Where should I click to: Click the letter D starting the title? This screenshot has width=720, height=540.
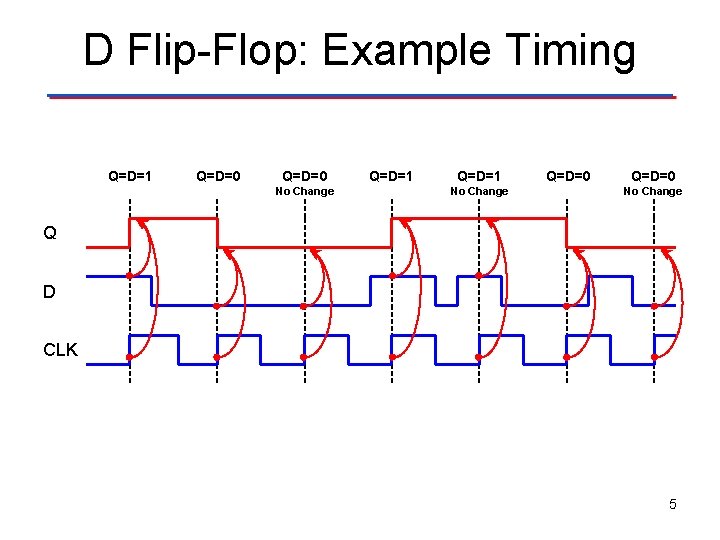click(x=98, y=50)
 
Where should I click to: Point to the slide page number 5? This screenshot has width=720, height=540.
click(x=673, y=504)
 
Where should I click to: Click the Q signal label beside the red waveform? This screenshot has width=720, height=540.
click(x=49, y=233)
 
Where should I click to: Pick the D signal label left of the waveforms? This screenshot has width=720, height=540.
click(x=49, y=292)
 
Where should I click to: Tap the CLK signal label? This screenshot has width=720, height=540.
click(x=60, y=350)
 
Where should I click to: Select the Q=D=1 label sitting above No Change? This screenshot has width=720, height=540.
click(x=479, y=176)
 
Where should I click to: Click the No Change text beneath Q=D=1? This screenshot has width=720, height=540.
click(x=479, y=191)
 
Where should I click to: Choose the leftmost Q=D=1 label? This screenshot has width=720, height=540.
click(x=131, y=176)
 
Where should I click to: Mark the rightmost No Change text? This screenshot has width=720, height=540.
click(x=653, y=191)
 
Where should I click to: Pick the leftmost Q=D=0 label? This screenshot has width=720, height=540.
click(x=218, y=176)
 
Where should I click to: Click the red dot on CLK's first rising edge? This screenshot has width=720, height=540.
click(x=130, y=357)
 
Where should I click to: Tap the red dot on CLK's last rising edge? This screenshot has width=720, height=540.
click(x=654, y=357)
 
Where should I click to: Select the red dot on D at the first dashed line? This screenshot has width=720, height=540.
click(x=130, y=275)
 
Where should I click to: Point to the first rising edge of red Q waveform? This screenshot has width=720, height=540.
click(x=130, y=232)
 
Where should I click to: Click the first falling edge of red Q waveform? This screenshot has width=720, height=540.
click(x=217, y=232)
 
